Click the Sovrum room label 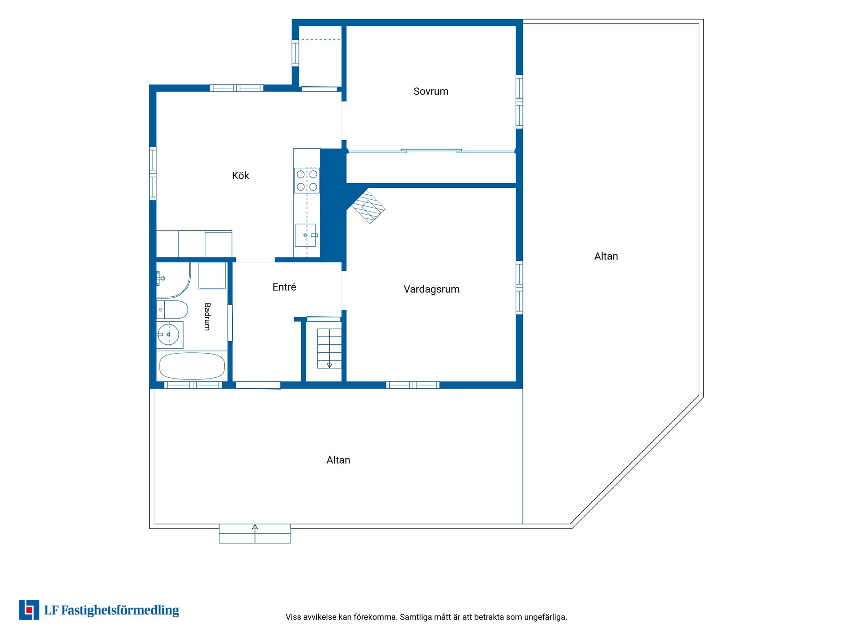click(431, 91)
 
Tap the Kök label click(240, 176)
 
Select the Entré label click(284, 287)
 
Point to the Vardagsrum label click(431, 289)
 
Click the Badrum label click(207, 316)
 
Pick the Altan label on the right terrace click(606, 256)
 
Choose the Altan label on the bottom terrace click(338, 460)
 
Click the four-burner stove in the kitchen click(307, 180)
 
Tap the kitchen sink click(306, 235)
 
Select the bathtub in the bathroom click(192, 366)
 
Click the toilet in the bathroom click(172, 310)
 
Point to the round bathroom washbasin click(169, 335)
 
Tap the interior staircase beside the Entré click(329, 348)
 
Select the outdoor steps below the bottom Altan click(255, 533)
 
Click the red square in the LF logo click(29, 610)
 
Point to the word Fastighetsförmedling click(120, 611)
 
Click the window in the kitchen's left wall click(153, 173)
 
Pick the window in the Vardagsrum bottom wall click(413, 385)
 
